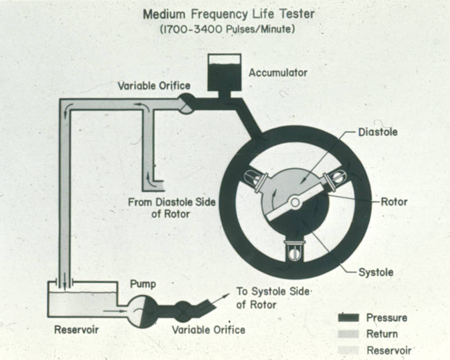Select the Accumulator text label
tap(278, 73)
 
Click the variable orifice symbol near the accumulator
tap(186, 103)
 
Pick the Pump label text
tap(143, 285)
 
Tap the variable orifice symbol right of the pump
tap(183, 312)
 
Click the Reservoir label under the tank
tap(77, 329)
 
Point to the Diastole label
tap(377, 133)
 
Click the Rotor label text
tap(394, 201)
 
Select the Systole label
tap(376, 272)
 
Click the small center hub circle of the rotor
tap(295, 201)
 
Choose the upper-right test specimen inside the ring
tap(334, 178)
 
